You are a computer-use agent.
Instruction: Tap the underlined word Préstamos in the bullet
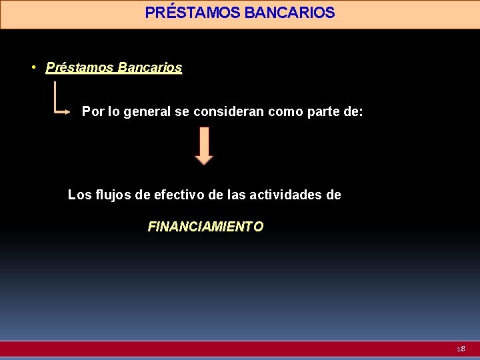point(79,67)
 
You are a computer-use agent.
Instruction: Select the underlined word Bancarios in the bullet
point(149,67)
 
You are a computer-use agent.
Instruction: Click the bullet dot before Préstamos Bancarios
point(33,67)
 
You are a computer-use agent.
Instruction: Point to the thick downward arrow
point(204,145)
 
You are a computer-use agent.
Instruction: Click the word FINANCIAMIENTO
point(205,227)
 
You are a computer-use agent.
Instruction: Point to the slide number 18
point(461,349)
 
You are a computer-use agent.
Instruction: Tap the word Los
point(79,195)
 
